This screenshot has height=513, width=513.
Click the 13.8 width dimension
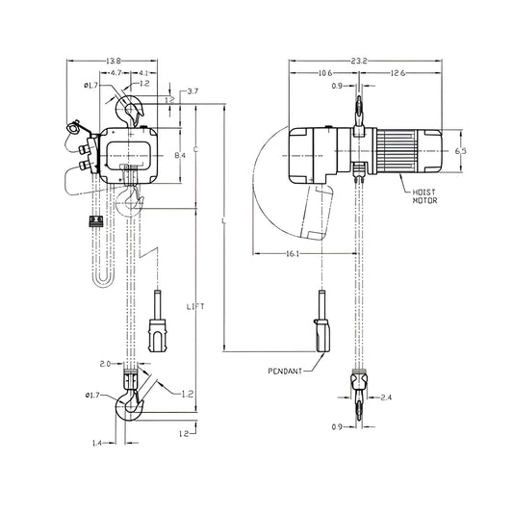114,62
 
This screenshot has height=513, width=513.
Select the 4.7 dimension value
115,73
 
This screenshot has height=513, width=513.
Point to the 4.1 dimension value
142,73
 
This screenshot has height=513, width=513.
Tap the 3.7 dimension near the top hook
193,91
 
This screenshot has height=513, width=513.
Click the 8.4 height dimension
180,155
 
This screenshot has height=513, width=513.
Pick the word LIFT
196,305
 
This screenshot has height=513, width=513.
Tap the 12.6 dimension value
397,73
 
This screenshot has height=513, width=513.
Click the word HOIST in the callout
424,193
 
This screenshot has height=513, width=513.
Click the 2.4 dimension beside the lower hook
386,397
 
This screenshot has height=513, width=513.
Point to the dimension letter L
223,223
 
